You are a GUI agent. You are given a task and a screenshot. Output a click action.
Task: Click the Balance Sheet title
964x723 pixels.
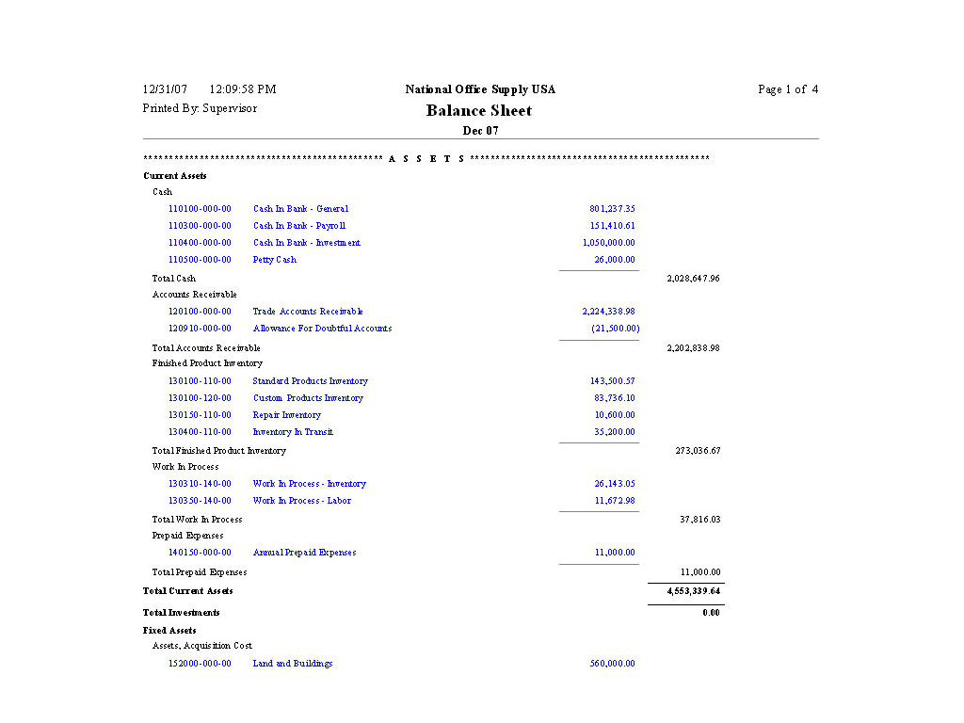point(478,110)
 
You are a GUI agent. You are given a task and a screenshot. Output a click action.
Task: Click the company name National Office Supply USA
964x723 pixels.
point(480,89)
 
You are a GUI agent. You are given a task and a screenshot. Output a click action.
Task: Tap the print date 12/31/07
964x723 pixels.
point(165,89)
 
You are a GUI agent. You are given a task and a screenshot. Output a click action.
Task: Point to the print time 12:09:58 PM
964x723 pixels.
point(242,89)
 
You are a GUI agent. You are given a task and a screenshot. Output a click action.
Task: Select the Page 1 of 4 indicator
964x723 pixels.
point(788,89)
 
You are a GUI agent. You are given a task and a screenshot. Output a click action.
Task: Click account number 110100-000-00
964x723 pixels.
point(200,209)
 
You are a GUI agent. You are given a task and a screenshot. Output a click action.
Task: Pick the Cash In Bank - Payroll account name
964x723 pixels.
point(299,226)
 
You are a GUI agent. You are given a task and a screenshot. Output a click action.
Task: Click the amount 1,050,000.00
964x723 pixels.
point(609,243)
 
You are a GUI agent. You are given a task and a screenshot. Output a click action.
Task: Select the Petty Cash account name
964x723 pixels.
point(275,260)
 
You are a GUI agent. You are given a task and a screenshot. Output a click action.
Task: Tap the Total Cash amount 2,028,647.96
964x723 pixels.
point(693,279)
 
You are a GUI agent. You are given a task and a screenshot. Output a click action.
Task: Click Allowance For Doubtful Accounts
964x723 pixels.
point(322,329)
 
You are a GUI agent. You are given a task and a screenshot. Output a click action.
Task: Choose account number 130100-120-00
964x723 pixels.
point(200,398)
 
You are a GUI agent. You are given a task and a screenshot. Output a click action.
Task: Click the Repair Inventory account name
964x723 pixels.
point(287,415)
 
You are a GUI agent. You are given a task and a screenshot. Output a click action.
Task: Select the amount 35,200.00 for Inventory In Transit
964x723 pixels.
point(615,432)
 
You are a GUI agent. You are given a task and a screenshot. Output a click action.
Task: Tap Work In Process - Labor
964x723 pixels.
point(301,501)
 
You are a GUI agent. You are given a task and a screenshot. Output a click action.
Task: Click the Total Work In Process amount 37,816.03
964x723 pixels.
point(699,519)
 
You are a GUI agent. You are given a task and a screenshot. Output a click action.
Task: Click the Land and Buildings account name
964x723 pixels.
point(293,664)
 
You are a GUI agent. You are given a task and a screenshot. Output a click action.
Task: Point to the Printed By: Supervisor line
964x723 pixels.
point(200,108)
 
